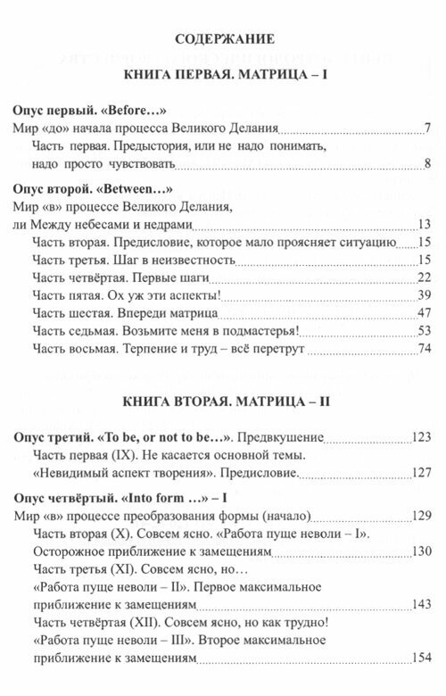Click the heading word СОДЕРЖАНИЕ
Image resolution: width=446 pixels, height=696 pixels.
[x=224, y=38]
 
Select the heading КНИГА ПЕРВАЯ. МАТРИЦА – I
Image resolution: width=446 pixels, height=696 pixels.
[x=224, y=77]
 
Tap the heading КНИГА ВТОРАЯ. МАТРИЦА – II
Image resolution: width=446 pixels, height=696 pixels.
[x=224, y=401]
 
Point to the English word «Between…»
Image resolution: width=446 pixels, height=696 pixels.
[x=136, y=189]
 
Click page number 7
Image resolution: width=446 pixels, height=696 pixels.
[x=429, y=128]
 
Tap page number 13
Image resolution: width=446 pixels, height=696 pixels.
[x=425, y=223]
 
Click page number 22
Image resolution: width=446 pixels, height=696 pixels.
[x=425, y=277]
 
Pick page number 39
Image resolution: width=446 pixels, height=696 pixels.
[x=425, y=295]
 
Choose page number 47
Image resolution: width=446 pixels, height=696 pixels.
[x=425, y=313]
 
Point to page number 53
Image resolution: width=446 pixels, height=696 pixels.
[x=425, y=331]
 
